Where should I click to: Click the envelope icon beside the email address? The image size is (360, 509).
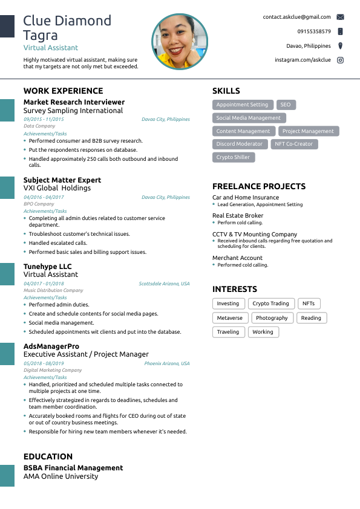coord(340,17)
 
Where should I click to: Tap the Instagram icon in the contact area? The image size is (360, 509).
coord(340,60)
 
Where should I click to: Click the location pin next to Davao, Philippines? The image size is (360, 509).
coord(340,46)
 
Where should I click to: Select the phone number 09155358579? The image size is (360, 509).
coord(314,31)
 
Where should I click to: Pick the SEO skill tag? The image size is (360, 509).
coord(286,105)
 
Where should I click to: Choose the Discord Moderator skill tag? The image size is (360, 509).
coord(240,144)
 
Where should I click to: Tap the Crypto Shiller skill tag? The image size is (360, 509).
coord(234,157)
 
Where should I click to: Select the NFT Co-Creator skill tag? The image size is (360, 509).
coord(294,144)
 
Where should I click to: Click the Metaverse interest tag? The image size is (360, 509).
coord(229,318)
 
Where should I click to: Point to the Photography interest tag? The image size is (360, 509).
coord(272,318)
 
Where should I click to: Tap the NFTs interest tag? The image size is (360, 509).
coord(309,303)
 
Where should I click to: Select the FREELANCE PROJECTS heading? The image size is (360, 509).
coord(259,186)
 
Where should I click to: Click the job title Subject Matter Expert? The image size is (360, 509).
coord(62,180)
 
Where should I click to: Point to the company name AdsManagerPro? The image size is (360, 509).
coord(51,346)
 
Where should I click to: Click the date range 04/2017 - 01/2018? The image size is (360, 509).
coord(44,284)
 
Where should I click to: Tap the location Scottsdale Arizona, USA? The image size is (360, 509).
coord(164,284)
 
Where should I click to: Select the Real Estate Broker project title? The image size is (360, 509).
coord(238,215)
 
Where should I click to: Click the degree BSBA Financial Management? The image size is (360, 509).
coord(73,468)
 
